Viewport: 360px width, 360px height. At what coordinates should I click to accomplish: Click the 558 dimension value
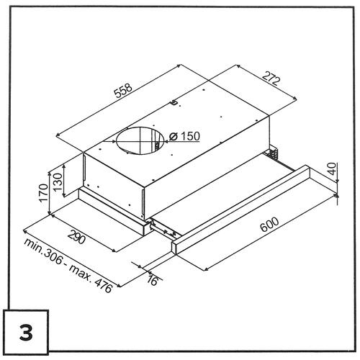coord(123,91)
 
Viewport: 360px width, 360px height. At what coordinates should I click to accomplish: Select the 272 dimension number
coord(271,78)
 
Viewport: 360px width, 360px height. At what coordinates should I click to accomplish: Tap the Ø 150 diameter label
coord(184,136)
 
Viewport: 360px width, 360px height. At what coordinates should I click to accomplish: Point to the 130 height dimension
coord(58,181)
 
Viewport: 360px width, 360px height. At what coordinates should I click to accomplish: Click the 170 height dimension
coord(43,193)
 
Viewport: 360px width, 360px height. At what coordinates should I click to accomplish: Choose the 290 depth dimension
coord(76,236)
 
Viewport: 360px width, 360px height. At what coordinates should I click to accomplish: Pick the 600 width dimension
coord(270,225)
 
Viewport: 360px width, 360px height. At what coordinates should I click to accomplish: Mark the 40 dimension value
coord(332,168)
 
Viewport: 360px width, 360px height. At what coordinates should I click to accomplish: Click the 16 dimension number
coord(152,280)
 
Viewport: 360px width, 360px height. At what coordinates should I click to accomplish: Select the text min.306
coord(43,252)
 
